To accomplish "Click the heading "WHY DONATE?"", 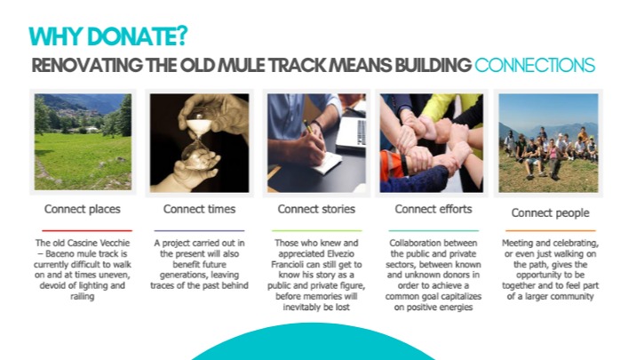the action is tap(107, 36).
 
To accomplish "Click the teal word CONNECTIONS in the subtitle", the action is tap(535, 66).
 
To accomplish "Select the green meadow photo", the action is tap(83, 142).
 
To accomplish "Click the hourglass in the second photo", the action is tap(197, 136).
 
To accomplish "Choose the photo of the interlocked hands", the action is tap(431, 143).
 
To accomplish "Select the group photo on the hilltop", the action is tap(548, 143).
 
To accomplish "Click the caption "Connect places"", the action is tap(83, 209).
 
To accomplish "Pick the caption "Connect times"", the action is tap(199, 209).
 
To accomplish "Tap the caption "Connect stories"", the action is tap(316, 209).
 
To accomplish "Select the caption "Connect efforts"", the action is tap(433, 209).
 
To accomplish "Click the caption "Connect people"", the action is tap(550, 212).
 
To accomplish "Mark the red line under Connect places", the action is tap(87, 230).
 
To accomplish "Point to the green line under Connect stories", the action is tap(317, 230).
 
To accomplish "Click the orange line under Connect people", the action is tap(551, 230).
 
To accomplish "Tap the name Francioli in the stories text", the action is tap(288, 265).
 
